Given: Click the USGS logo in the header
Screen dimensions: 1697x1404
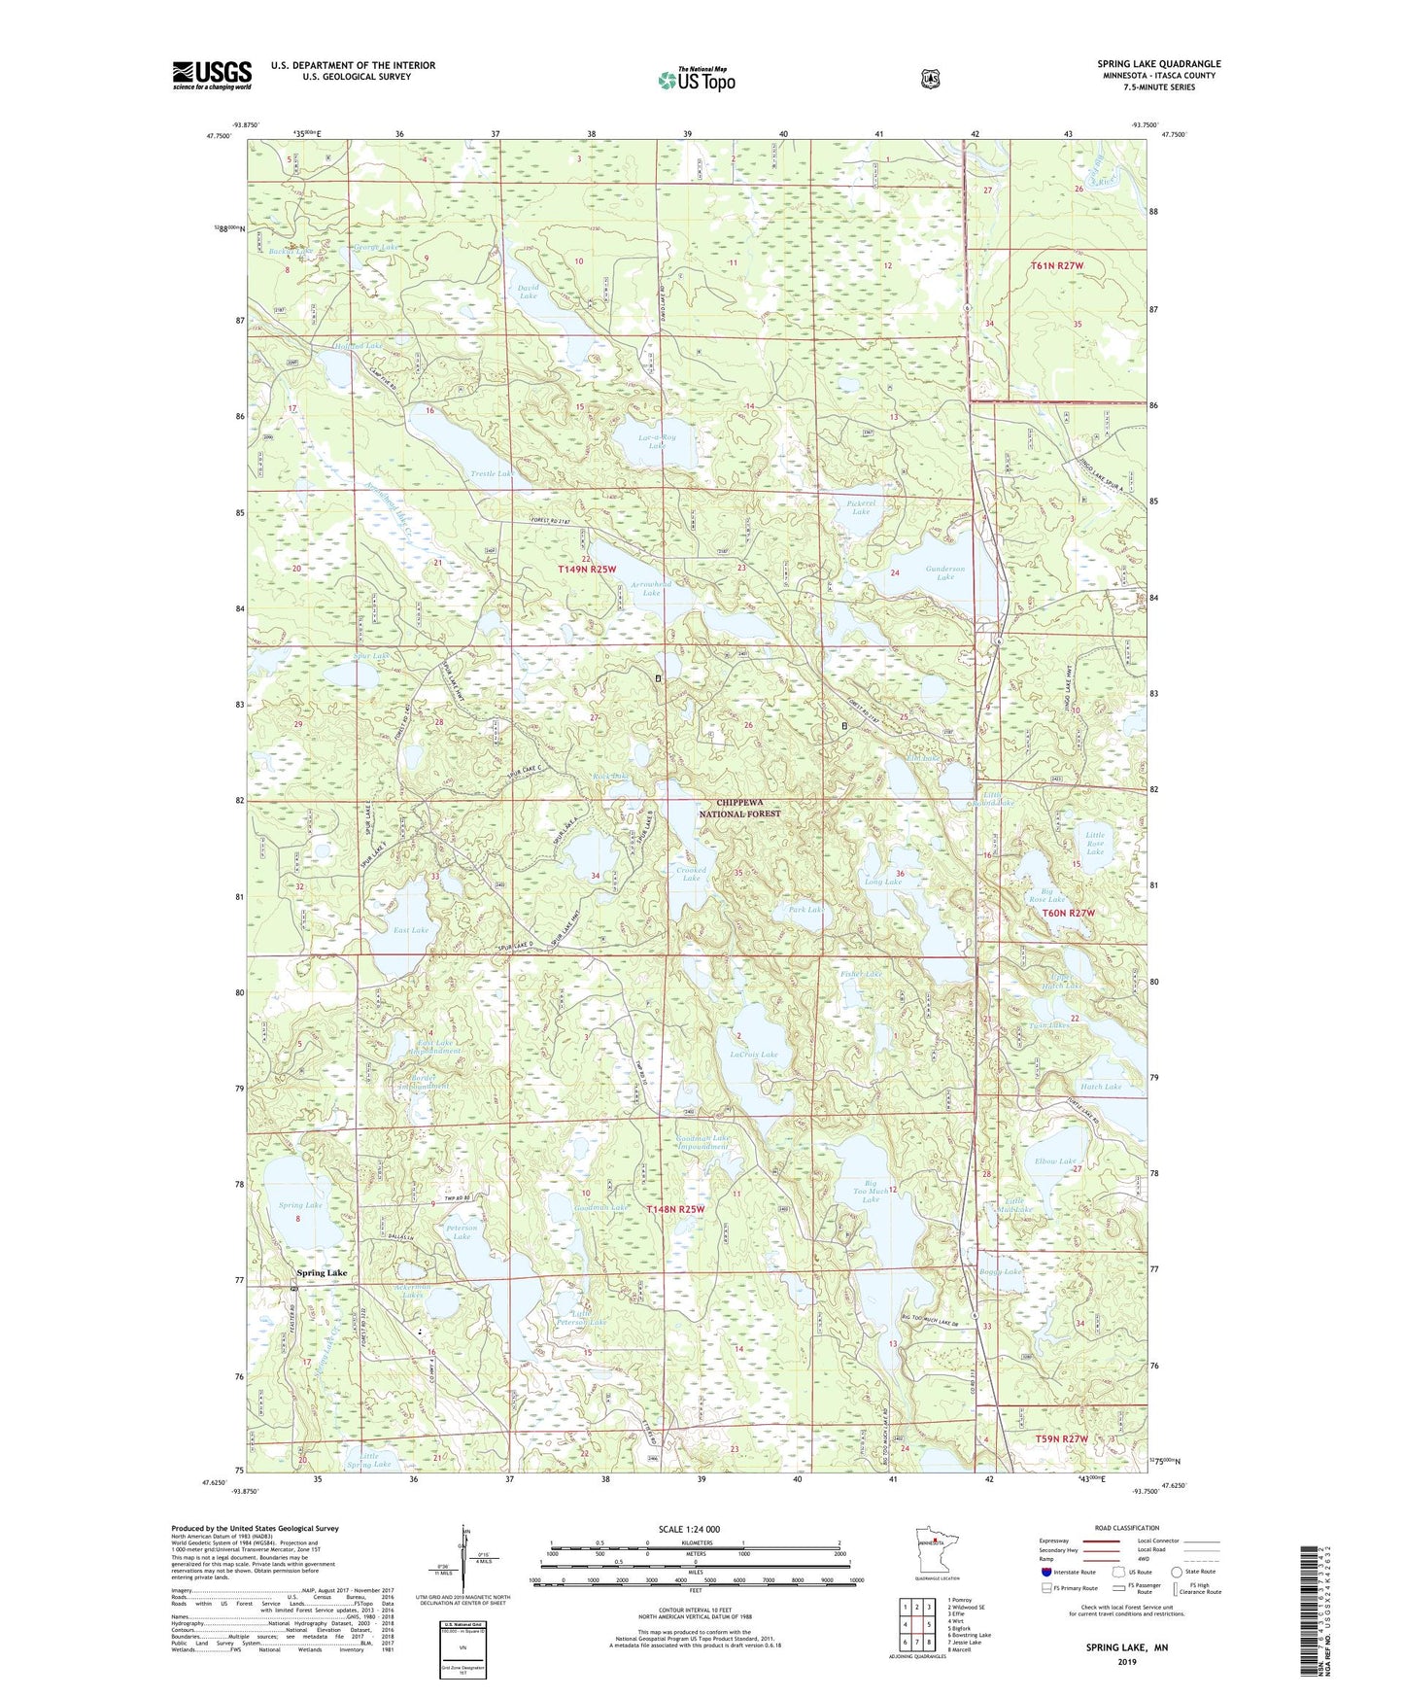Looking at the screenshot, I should [x=212, y=75].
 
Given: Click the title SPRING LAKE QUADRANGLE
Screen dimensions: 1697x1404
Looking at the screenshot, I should [x=1158, y=64].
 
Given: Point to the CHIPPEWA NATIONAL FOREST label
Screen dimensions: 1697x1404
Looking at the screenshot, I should [x=739, y=809].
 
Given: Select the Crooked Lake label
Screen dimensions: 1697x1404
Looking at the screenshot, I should [x=690, y=874].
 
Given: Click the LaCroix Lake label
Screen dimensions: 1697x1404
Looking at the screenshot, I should [x=754, y=1055].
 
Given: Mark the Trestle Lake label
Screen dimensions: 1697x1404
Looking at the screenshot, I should [x=491, y=473].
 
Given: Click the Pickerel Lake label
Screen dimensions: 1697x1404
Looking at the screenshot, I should [x=861, y=506].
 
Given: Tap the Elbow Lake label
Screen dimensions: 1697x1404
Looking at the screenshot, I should [x=1055, y=1161].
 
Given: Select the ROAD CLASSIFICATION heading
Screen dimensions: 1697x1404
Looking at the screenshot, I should [x=1126, y=1528].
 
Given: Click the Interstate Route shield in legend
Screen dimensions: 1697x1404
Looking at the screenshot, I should [x=1045, y=1572].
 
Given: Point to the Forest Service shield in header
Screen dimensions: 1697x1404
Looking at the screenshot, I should [x=930, y=78].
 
